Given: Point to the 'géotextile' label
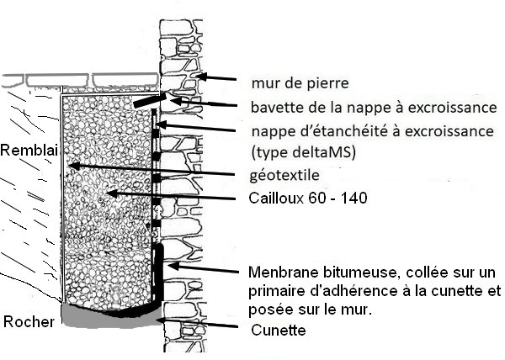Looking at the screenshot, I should point(283,176).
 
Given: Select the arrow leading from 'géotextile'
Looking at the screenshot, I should point(151,171).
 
